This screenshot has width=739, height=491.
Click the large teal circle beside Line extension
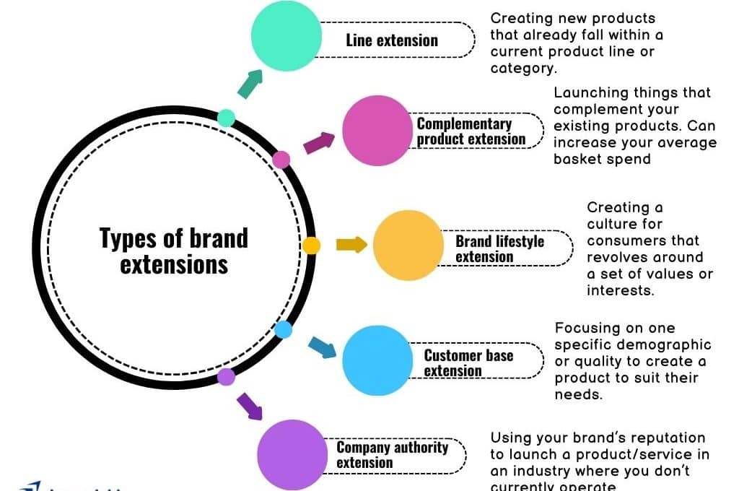286,36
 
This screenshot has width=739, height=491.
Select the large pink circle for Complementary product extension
377,131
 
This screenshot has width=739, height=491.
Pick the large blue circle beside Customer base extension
377,360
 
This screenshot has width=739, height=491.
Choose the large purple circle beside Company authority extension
292,455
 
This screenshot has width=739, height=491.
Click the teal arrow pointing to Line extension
250,84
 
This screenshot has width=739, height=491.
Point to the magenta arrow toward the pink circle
319,142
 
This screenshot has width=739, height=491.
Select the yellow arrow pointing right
351,245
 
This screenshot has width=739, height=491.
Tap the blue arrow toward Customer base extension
322,347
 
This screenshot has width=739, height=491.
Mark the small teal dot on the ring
226,118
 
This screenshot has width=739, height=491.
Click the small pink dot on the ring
281,160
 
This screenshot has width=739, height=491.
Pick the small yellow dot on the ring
311,245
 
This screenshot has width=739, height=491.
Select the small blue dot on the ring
284,330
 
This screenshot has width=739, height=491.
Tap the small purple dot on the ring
227,376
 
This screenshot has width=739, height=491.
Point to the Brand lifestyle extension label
499,248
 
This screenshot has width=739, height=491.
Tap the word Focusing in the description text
585,329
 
